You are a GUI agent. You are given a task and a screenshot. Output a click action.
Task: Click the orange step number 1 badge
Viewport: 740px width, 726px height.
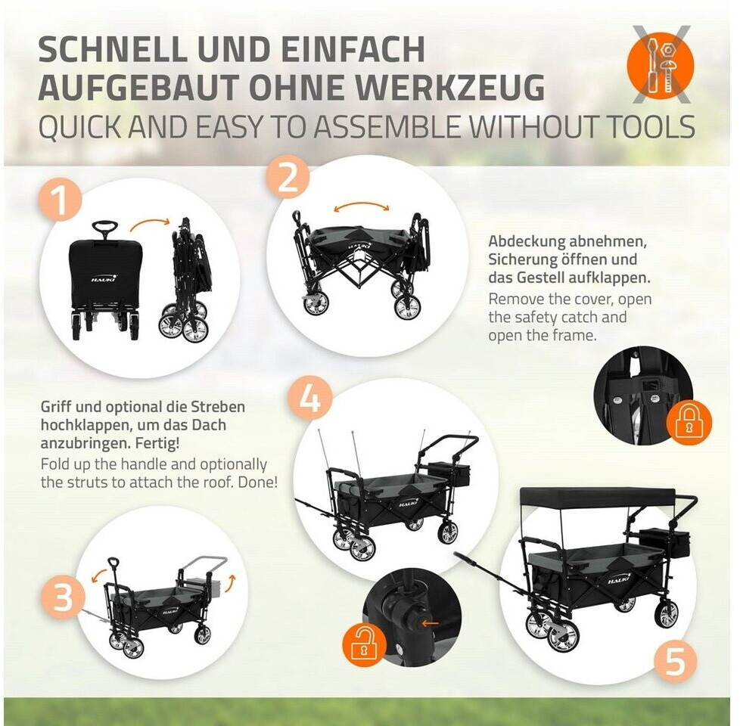pyautogui.click(x=61, y=201)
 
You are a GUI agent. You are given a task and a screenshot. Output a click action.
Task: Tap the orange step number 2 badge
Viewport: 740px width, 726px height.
pyautogui.click(x=287, y=178)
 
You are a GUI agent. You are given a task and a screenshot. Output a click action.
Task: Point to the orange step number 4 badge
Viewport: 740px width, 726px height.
pyautogui.click(x=309, y=398)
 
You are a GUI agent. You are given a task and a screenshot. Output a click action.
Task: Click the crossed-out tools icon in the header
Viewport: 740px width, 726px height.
pyautogui.click(x=661, y=65)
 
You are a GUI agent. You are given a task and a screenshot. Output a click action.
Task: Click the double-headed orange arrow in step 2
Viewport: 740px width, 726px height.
pyautogui.click(x=361, y=206)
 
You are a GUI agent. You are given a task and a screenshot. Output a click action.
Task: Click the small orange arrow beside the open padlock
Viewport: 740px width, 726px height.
pyautogui.click(x=430, y=623)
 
